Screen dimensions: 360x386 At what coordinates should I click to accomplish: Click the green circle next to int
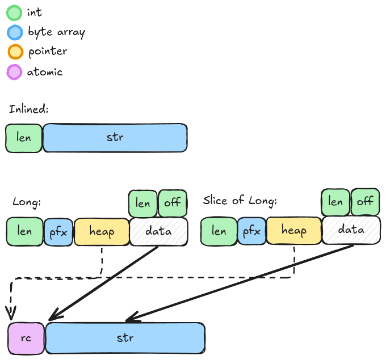click(x=14, y=12)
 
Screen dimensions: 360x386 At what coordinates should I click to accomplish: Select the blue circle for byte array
click(x=14, y=32)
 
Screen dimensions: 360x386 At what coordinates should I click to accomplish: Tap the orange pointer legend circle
click(x=14, y=52)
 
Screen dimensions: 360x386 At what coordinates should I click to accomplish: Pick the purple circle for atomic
click(x=14, y=72)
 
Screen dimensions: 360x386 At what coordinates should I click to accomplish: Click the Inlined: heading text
click(x=29, y=109)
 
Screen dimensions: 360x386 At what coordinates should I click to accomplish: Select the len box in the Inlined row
click(x=24, y=138)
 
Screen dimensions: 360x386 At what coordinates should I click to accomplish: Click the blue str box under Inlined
click(x=115, y=138)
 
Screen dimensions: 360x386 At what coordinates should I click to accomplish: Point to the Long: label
click(x=27, y=202)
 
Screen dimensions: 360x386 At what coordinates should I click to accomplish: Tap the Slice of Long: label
click(x=240, y=201)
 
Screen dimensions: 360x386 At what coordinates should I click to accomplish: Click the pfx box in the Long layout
click(x=59, y=232)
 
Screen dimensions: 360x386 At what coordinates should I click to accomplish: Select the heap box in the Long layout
click(x=102, y=232)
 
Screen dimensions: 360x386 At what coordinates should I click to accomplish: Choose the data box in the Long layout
click(x=158, y=232)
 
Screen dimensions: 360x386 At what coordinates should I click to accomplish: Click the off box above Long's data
click(x=173, y=204)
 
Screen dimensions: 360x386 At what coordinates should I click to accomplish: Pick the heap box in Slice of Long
click(x=294, y=231)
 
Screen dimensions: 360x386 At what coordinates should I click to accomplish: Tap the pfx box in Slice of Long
click(x=251, y=231)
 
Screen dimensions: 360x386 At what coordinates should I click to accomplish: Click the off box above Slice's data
click(x=365, y=202)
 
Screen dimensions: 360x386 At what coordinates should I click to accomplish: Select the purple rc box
click(x=26, y=338)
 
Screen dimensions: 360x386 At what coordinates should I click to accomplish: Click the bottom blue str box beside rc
click(x=125, y=338)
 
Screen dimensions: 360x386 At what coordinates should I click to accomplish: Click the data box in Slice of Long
click(x=351, y=230)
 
